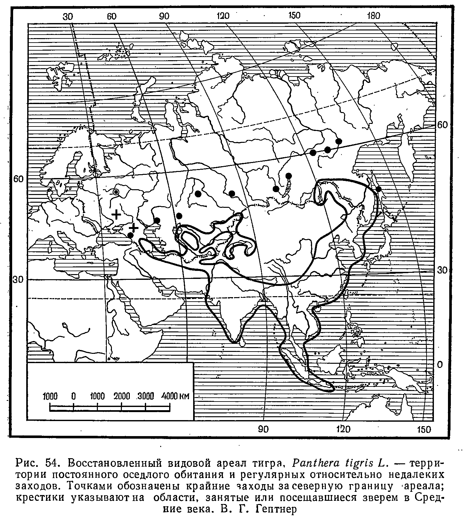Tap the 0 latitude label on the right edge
pyautogui.click(x=440, y=365)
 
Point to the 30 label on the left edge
pyautogui.click(x=17, y=280)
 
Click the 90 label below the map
pyautogui.click(x=263, y=429)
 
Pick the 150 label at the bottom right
pyautogui.click(x=424, y=429)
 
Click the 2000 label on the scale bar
pyautogui.click(x=122, y=396)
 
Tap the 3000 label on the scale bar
pyautogui.click(x=145, y=396)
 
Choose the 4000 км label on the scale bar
pyautogui.click(x=175, y=396)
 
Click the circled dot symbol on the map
pyautogui.click(x=116, y=192)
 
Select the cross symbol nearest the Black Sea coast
pyautogui.click(x=133, y=228)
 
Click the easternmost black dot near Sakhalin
pyautogui.click(x=378, y=189)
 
